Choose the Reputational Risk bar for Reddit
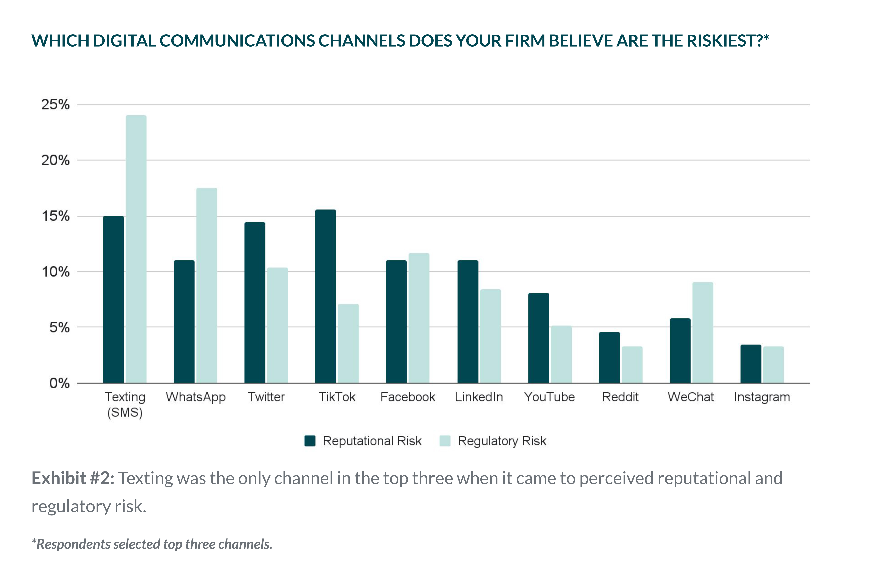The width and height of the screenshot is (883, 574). click(609, 357)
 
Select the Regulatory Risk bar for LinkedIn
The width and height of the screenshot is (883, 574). click(490, 336)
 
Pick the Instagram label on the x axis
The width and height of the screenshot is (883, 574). click(762, 397)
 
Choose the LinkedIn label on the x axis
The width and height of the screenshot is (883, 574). click(479, 397)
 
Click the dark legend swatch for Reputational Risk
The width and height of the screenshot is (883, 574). click(310, 441)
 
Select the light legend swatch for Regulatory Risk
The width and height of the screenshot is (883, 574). click(445, 441)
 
